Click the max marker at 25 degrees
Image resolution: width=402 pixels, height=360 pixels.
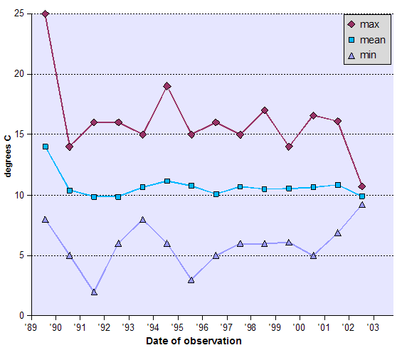pos(46,14)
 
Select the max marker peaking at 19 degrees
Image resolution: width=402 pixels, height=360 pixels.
pos(167,86)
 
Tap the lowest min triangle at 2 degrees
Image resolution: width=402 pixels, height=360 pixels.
pos(94,292)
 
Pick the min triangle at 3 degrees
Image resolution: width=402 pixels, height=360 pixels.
pos(191,280)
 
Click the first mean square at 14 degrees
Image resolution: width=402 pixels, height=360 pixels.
pos(46,147)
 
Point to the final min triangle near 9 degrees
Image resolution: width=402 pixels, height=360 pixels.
pos(362,205)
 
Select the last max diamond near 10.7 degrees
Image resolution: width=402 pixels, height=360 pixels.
pos(362,186)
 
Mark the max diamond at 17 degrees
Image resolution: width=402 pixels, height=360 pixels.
pos(265,110)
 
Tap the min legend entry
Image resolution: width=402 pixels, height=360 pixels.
pos(366,55)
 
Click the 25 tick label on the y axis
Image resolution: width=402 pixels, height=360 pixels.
pos(20,14)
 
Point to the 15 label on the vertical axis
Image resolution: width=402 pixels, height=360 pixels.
pos(20,134)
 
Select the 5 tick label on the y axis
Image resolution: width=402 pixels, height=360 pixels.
pos(23,255)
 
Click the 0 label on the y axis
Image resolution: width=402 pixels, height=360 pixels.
pos(23,315)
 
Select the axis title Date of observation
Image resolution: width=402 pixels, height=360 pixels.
pos(194,341)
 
